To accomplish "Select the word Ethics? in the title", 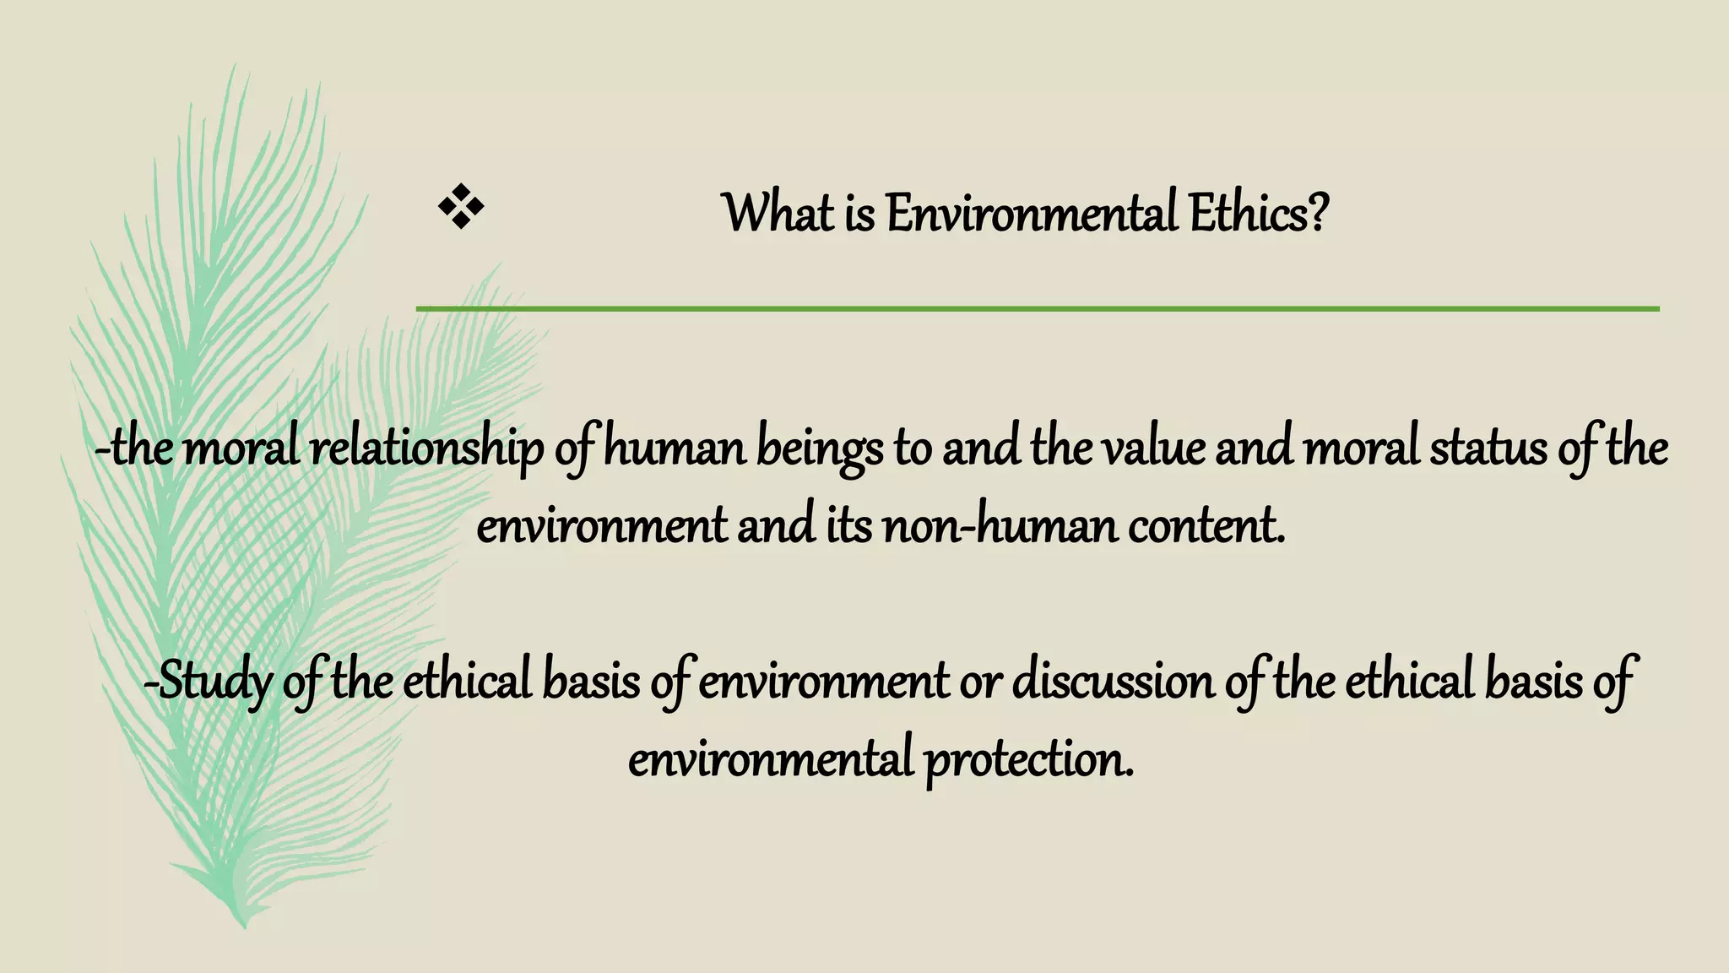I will tap(1259, 213).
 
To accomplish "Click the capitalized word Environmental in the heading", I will tap(1031, 213).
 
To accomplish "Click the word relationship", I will tap(427, 450).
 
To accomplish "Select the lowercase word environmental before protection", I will tap(770, 758).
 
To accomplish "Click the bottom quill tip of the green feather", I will tap(244, 924).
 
